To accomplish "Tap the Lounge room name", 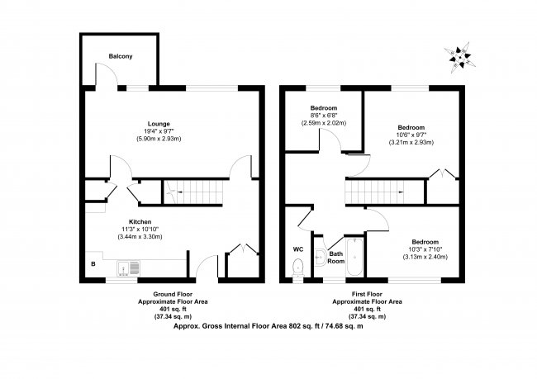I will point(159,124).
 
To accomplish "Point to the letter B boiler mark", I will point(93,264).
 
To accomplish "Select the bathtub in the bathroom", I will point(355,258).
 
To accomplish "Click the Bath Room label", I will point(336,257).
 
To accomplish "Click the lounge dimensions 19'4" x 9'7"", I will point(159,131).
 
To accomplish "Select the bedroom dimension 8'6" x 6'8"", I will point(323,116).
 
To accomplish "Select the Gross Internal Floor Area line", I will point(268,325).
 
